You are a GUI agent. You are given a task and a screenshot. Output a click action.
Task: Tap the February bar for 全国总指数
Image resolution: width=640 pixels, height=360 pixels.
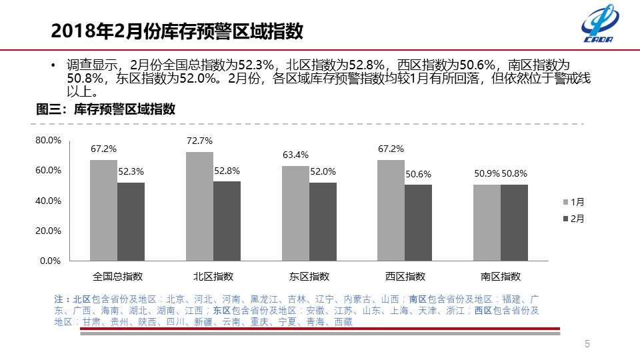131,221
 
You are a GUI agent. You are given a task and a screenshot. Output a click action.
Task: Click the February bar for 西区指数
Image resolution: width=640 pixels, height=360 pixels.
418,223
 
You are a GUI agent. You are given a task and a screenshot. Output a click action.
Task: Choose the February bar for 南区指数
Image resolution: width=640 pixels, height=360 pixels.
514,223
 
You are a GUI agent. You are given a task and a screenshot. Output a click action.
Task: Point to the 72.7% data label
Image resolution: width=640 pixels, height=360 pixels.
200,141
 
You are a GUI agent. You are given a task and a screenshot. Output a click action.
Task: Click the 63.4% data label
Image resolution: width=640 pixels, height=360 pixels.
295,155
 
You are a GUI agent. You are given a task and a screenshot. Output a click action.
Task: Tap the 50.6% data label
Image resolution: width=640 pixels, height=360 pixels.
418,174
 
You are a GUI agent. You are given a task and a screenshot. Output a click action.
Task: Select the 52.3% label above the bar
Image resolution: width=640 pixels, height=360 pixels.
131,171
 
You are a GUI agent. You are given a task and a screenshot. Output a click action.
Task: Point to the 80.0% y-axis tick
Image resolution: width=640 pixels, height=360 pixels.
48,140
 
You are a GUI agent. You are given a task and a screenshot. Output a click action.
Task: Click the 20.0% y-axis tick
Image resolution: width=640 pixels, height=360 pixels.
48,231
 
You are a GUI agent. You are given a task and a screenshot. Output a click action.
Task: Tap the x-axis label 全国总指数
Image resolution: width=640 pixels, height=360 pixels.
117,276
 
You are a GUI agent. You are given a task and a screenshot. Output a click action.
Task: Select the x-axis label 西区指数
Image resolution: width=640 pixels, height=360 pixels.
405,276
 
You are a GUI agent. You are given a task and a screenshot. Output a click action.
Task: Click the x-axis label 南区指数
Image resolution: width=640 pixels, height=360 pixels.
501,276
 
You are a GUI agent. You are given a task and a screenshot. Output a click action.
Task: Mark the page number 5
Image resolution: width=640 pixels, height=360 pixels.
587,344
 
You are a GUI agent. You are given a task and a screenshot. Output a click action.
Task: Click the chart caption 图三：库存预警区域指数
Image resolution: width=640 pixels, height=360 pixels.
105,110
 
